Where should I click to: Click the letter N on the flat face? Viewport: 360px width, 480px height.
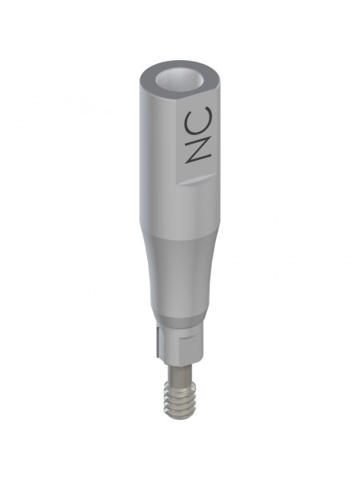click(198, 149)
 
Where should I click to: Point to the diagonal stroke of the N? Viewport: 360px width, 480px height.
click(198, 149)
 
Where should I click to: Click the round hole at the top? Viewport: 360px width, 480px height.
click(179, 81)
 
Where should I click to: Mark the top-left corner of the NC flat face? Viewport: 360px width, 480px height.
click(178, 101)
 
